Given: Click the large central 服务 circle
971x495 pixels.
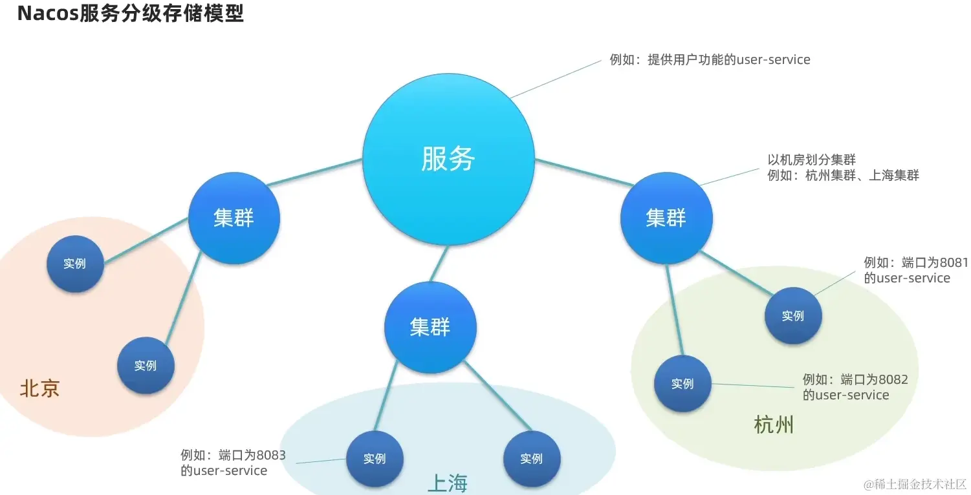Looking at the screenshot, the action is pyautogui.click(x=448, y=159).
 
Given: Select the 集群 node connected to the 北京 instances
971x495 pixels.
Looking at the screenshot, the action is pyautogui.click(x=234, y=218).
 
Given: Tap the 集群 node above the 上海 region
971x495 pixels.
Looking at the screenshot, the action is pyautogui.click(x=430, y=327).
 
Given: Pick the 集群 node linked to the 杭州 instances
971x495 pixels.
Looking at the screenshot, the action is pyautogui.click(x=666, y=218).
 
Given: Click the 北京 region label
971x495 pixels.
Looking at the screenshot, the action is pyautogui.click(x=40, y=388).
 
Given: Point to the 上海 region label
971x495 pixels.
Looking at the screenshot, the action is pyautogui.click(x=447, y=483).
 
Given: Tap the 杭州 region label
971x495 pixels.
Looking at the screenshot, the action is pyautogui.click(x=774, y=425).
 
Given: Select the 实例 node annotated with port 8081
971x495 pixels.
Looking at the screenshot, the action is pyautogui.click(x=792, y=316).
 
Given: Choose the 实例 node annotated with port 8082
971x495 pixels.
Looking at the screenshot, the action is pyautogui.click(x=682, y=384).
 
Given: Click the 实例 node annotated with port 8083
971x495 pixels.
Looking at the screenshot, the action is pyautogui.click(x=375, y=459).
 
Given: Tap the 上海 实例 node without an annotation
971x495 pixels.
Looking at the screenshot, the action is pyautogui.click(x=531, y=459).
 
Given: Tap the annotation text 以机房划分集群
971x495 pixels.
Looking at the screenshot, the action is pyautogui.click(x=811, y=160).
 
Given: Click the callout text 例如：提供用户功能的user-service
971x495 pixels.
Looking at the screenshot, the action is pyautogui.click(x=710, y=59).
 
